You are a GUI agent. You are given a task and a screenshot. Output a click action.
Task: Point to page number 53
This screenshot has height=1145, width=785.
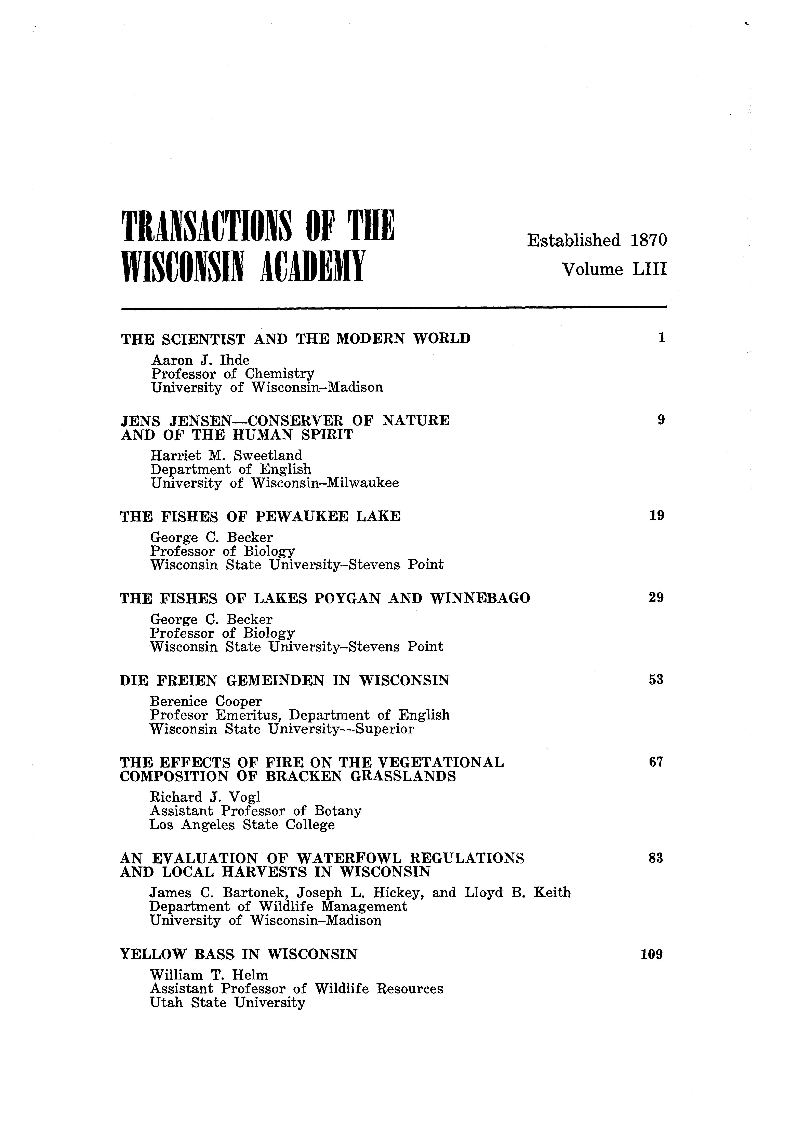click(x=656, y=680)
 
